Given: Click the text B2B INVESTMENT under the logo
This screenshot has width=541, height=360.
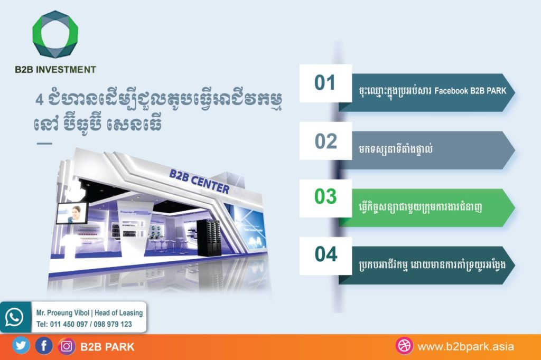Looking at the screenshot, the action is point(55,70).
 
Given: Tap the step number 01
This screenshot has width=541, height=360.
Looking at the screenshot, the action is point(325,83).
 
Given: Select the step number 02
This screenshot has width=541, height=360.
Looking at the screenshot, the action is point(325,141).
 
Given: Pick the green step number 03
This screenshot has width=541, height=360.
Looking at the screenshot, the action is point(325,196).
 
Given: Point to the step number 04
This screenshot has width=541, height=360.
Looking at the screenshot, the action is point(325,254).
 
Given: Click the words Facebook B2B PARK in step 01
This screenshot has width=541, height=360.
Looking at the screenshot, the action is point(470,91).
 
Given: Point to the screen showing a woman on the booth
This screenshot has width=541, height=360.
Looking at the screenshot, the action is point(72,213).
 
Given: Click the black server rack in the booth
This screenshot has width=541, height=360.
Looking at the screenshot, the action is point(208,238).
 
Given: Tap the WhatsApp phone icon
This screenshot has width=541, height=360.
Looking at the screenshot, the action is point(14,317).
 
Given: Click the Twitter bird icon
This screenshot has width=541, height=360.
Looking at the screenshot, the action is point(21,346).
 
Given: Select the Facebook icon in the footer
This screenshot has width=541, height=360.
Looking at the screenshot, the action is point(44,346).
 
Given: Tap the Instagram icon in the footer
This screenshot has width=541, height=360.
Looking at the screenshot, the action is point(67,346).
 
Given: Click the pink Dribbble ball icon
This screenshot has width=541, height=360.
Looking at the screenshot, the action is point(404,346).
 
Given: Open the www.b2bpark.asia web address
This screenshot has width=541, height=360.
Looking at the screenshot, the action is point(465,347).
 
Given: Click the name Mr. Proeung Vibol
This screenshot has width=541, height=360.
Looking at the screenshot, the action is point(63,313).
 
